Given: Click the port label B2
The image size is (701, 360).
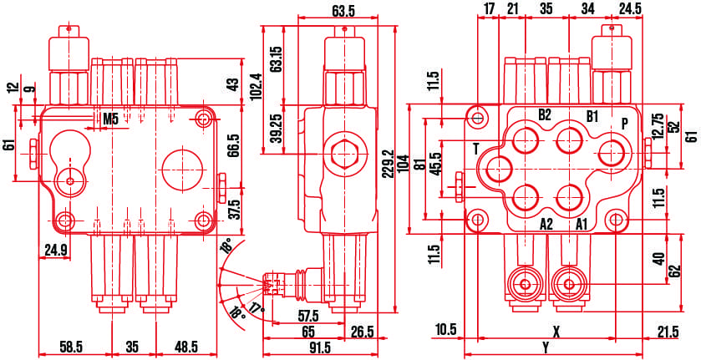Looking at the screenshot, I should click(545, 115).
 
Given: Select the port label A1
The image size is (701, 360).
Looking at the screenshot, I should click(582, 224).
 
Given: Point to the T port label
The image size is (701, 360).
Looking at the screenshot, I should click(475, 149).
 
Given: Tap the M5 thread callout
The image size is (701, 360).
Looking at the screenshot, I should click(110, 119).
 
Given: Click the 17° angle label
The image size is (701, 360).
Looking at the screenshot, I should click(256, 308).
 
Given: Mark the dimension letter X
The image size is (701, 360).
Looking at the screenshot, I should click(556, 331).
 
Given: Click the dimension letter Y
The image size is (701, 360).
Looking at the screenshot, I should click(546, 347).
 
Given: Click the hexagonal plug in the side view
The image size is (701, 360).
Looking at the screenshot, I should click(344, 155).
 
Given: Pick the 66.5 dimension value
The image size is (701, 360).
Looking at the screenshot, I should click(234, 145).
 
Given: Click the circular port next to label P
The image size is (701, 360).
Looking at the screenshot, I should click(612, 152).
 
